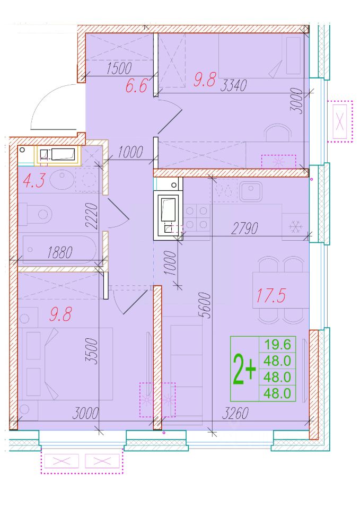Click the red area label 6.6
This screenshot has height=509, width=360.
coord(136,86)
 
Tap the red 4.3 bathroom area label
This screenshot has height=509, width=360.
coord(34,180)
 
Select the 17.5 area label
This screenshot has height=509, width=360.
coord(271,295)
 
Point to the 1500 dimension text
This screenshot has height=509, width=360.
coord(119,68)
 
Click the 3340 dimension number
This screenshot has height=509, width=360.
coord(233,85)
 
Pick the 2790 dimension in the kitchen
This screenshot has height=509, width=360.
coord(244,228)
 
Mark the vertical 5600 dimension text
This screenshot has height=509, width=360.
coord(205,305)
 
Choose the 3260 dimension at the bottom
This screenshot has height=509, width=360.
coord(235,413)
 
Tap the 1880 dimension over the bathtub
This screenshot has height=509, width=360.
coord(60,252)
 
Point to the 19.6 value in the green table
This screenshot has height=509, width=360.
coord(277,344)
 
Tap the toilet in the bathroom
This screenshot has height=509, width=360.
coord(36,214)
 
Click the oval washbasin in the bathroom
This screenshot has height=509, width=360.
coord(63,179)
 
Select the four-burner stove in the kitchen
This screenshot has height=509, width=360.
coord(196,217)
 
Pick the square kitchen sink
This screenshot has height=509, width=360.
coord(251,192)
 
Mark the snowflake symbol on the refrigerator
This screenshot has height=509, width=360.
coord(295,226)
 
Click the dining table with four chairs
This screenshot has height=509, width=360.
coord(281,290)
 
